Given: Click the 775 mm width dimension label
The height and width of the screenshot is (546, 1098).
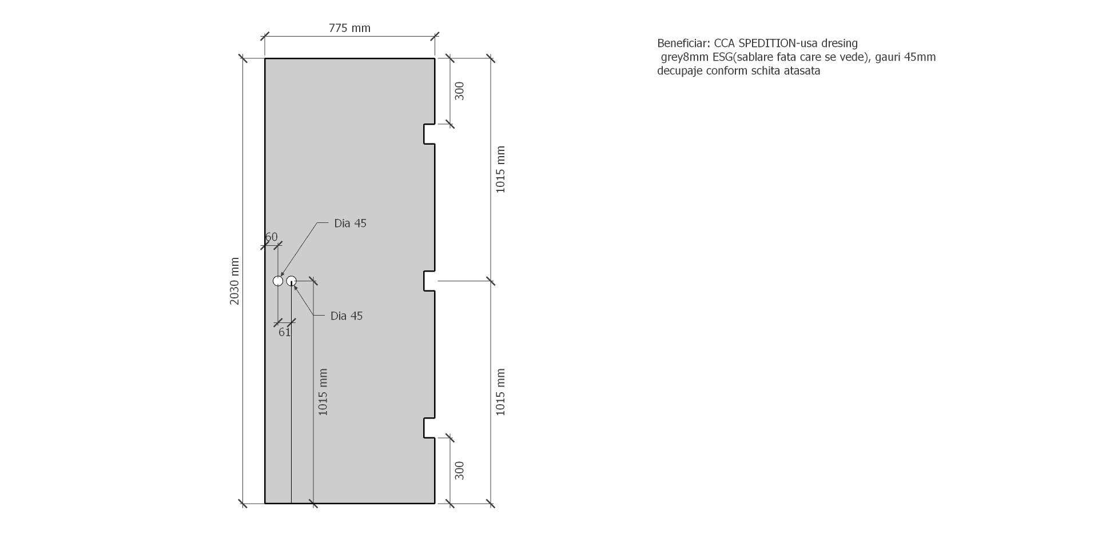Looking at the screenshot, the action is click(349, 28).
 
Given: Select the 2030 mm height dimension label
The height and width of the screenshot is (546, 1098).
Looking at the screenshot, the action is click(234, 281).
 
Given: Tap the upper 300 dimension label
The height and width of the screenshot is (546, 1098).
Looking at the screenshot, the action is click(459, 91).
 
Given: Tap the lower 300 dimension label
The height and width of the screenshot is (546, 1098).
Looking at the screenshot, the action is click(459, 471).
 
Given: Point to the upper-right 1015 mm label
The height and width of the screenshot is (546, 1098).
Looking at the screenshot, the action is click(500, 170).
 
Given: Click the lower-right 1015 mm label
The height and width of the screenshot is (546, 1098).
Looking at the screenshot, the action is click(500, 392).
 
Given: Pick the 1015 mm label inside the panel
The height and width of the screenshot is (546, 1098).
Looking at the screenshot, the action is click(323, 392).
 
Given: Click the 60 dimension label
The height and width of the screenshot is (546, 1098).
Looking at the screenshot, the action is click(271, 237).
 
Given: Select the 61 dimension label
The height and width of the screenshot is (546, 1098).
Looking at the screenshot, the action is click(285, 332).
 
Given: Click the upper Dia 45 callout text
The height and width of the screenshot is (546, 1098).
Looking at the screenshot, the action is click(350, 224).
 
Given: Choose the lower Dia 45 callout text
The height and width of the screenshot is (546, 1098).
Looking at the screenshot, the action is click(347, 316).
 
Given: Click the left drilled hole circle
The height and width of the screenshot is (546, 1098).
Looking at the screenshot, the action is click(278, 281).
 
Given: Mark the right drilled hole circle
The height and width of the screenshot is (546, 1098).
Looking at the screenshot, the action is click(291, 281).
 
